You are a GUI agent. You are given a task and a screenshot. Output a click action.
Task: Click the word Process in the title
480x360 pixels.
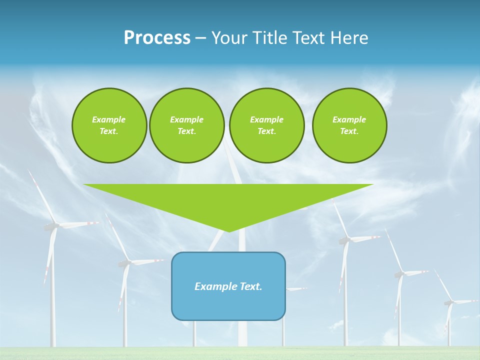coord(157,38)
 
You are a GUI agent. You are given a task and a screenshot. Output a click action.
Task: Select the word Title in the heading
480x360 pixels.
coord(270,38)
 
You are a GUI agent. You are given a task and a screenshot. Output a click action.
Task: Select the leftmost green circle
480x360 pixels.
coord(109,125)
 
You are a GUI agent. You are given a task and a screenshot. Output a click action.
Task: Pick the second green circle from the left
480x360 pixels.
coord(186,125)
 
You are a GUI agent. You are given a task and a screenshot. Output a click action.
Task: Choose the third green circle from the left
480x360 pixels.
coord(266,125)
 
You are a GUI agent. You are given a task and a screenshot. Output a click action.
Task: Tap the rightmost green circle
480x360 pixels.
coord(349,125)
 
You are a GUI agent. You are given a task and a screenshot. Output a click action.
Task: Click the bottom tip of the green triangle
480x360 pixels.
coord(229,231)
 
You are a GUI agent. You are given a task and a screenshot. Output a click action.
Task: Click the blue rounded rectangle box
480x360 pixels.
coord(228,286)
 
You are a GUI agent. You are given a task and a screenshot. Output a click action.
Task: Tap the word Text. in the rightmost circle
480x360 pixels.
coord(349,131)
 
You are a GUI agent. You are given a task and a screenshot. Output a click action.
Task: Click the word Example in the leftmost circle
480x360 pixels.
coord(109,119)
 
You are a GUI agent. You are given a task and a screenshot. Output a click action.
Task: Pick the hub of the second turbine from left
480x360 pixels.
coord(125,262)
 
